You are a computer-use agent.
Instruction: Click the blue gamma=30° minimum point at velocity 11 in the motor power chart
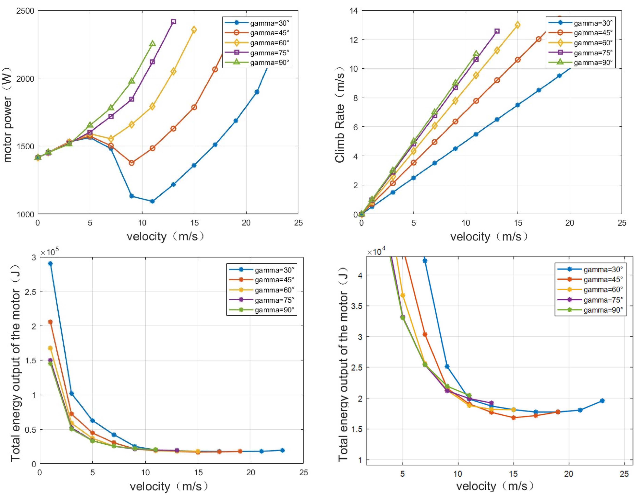point(152,201)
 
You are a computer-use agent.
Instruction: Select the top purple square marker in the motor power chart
point(174,22)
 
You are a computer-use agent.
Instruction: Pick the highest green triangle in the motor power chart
point(152,44)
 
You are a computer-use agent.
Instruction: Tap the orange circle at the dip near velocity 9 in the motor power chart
point(132,163)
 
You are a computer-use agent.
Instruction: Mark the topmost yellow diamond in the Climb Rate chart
point(517,25)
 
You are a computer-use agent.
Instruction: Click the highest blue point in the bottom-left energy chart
point(51,264)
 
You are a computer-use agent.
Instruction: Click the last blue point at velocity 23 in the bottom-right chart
point(602,401)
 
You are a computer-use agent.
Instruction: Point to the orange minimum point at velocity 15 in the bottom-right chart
point(513,418)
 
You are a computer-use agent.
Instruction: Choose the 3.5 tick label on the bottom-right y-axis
point(356,306)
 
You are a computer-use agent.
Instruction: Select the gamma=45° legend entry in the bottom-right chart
point(590,279)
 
